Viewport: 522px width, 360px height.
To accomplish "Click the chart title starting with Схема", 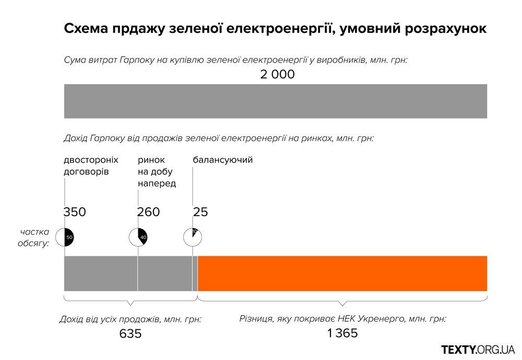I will click(x=275, y=29).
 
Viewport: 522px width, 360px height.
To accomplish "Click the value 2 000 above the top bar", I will click(x=277, y=74).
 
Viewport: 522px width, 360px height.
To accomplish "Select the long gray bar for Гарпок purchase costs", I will click(x=275, y=101).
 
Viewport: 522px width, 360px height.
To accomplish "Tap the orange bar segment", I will click(x=342, y=273).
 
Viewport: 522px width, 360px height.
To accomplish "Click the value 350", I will click(x=75, y=212).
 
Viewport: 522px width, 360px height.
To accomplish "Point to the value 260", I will click(x=148, y=212).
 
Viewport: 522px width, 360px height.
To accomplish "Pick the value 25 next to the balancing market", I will click(x=200, y=212).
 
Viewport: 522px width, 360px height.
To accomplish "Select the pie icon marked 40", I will click(x=138, y=237).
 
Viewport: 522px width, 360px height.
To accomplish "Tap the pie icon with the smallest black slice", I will click(x=193, y=237).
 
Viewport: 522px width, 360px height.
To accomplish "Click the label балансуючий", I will click(x=223, y=160).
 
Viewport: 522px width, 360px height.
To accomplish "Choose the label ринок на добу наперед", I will click(x=157, y=172).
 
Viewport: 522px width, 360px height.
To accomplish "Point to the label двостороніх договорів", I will click(x=91, y=165).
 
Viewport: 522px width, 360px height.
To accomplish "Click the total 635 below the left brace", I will click(x=130, y=334).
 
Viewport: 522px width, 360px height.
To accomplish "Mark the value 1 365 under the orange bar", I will click(x=342, y=333).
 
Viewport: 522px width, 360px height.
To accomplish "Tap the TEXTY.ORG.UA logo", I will click(x=478, y=349).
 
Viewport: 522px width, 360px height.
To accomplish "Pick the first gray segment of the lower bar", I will click(x=101, y=273).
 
